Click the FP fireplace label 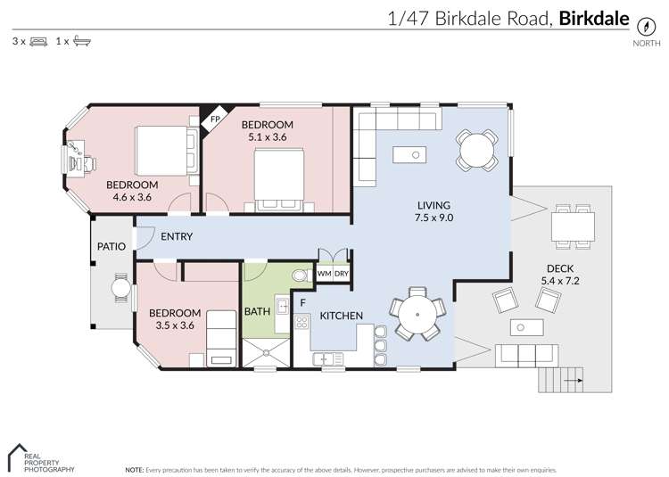coord(215,119)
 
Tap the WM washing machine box coord(324,273)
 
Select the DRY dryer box coord(342,273)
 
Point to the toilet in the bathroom coord(299,274)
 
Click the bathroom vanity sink coord(281,307)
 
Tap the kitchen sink coord(327,358)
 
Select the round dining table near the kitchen coord(417,315)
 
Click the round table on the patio coord(120,290)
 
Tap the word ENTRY coord(178,236)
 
